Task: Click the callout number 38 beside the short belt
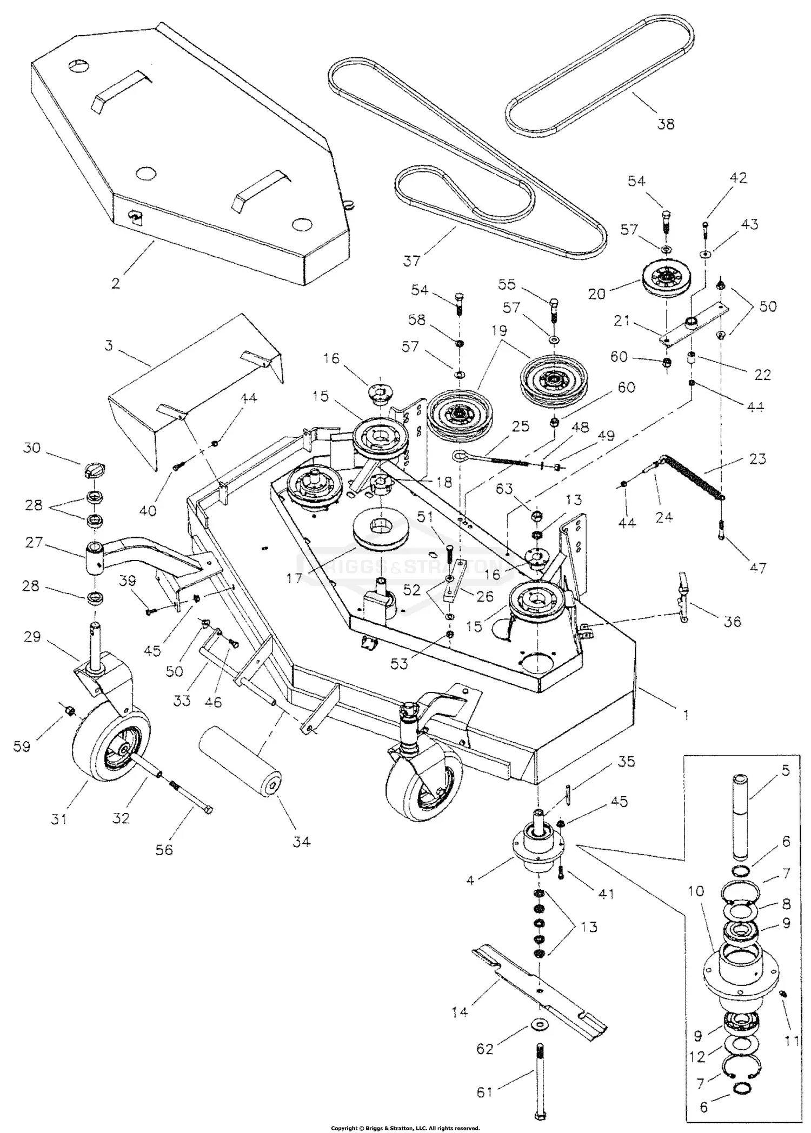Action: pyautogui.click(x=666, y=124)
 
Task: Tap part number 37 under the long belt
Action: pyautogui.click(x=411, y=261)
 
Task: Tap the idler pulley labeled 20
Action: pyautogui.click(x=666, y=281)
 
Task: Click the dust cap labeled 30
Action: pyautogui.click(x=95, y=470)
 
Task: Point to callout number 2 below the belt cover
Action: pyautogui.click(x=115, y=283)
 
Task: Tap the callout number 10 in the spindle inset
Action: pyautogui.click(x=696, y=890)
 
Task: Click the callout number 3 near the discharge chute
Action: pyautogui.click(x=109, y=345)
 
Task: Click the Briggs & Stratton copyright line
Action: pyautogui.click(x=405, y=1128)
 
